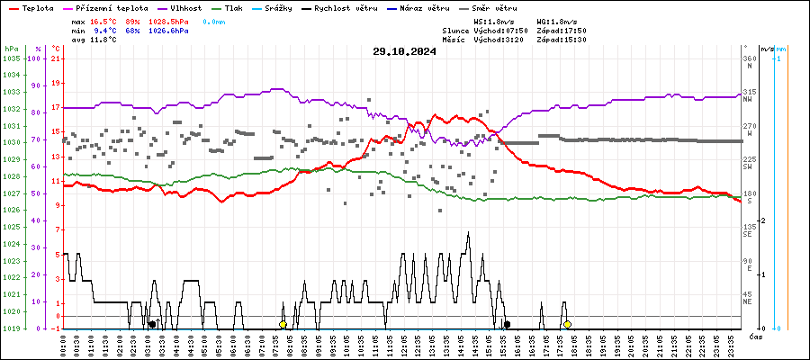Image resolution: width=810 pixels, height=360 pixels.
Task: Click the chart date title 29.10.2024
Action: point(404,51)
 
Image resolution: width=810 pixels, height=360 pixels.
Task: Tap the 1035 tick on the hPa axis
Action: point(12,58)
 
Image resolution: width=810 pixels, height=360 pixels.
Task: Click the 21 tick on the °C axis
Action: point(56,58)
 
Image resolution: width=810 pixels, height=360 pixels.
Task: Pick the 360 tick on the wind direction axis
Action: point(749,58)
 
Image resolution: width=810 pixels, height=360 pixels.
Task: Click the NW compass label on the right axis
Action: point(748,99)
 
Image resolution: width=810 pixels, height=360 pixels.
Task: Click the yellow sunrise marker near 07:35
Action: point(283,324)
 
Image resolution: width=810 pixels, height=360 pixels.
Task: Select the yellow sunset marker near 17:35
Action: point(567,324)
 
